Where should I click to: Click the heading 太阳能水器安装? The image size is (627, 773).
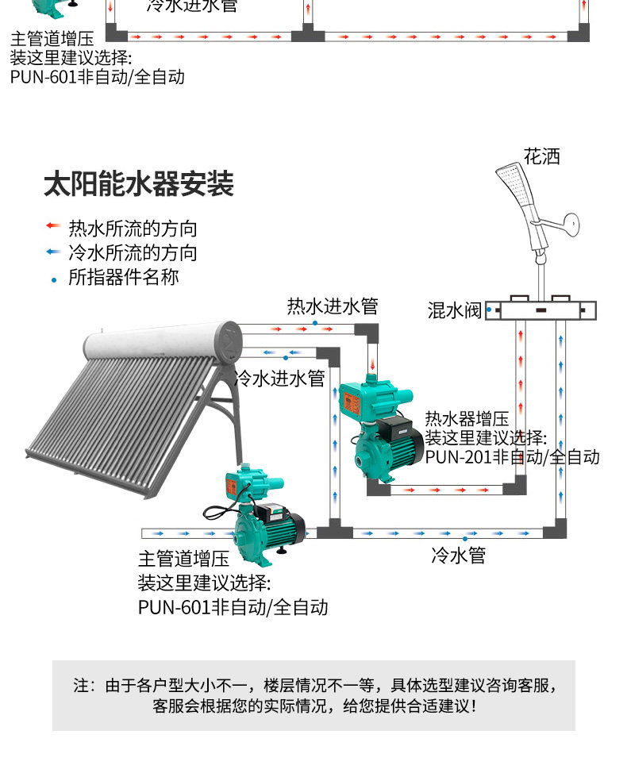[139, 184]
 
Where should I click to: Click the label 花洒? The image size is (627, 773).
[542, 156]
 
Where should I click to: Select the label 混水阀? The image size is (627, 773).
[454, 310]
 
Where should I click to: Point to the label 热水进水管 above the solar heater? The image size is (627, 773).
[333, 306]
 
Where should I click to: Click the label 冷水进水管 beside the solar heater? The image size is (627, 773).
[279, 378]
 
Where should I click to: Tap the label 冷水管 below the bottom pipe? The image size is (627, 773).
[459, 555]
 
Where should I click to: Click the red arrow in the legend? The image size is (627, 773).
[53, 225]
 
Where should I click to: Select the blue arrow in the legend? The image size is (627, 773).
[53, 252]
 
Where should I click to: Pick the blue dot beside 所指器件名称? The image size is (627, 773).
[54, 280]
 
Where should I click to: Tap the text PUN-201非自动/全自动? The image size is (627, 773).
[512, 457]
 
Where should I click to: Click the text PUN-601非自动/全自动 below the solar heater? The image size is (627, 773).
[233, 607]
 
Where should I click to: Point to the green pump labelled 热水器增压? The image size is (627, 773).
[382, 429]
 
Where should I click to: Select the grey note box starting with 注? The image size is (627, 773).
[313, 695]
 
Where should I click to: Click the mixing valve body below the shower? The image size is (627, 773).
[540, 310]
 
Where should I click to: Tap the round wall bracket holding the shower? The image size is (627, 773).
[571, 225]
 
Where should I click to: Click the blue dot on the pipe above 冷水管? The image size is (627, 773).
[465, 539]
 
